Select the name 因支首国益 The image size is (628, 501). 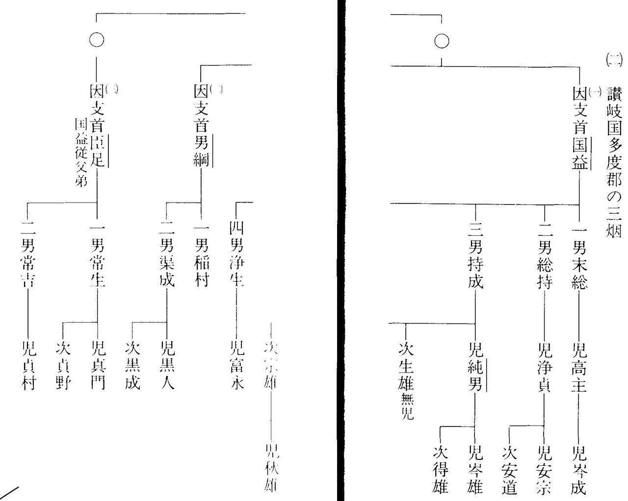coord(579,129)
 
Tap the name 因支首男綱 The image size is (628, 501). coord(201,125)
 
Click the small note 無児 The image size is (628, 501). coord(407,407)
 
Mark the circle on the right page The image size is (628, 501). coord(442,41)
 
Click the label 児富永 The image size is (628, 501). coord(236,366)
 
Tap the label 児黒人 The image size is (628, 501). coord(167,366)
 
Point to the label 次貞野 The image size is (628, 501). coord(63,366)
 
